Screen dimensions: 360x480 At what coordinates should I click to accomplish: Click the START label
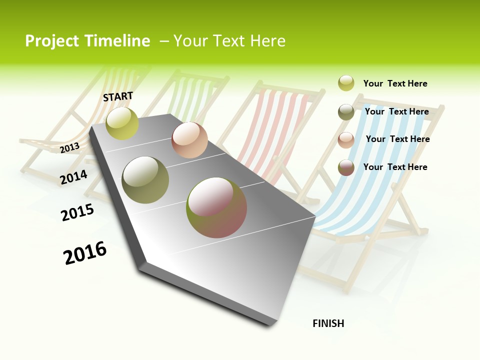tap(118, 96)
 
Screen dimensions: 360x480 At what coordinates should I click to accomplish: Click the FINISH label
tap(328, 323)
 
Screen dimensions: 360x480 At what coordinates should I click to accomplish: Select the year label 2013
tap(69, 147)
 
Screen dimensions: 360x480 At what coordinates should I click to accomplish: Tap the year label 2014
tap(73, 177)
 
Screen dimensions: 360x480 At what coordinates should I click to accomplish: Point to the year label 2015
tap(77, 212)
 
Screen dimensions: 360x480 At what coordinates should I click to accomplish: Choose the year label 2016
tap(85, 252)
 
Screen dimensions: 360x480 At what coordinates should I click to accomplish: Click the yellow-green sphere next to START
tap(122, 123)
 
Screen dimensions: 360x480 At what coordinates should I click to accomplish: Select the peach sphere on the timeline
tap(189, 140)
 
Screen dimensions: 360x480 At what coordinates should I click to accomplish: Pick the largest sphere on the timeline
tap(216, 207)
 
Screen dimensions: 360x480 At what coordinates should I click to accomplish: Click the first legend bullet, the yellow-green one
tap(346, 83)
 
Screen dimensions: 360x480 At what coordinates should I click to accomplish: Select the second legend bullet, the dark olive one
tap(346, 112)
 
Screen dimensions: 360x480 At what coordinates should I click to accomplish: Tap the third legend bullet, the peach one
tap(346, 140)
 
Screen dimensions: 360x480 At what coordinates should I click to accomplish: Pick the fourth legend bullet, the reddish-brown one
tap(346, 167)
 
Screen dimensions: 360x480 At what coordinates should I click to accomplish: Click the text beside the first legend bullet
tap(395, 83)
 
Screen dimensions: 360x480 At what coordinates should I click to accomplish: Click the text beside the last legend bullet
tap(395, 167)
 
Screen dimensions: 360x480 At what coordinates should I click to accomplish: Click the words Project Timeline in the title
tap(87, 41)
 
